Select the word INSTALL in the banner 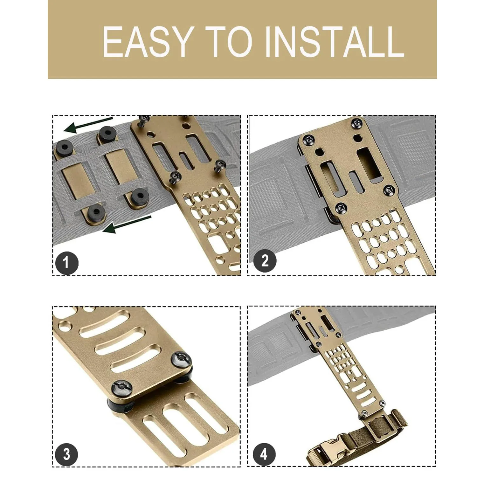pos(334,42)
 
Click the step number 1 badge pos(66,263)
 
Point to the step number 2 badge pos(265,261)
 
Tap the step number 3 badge pos(66,454)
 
